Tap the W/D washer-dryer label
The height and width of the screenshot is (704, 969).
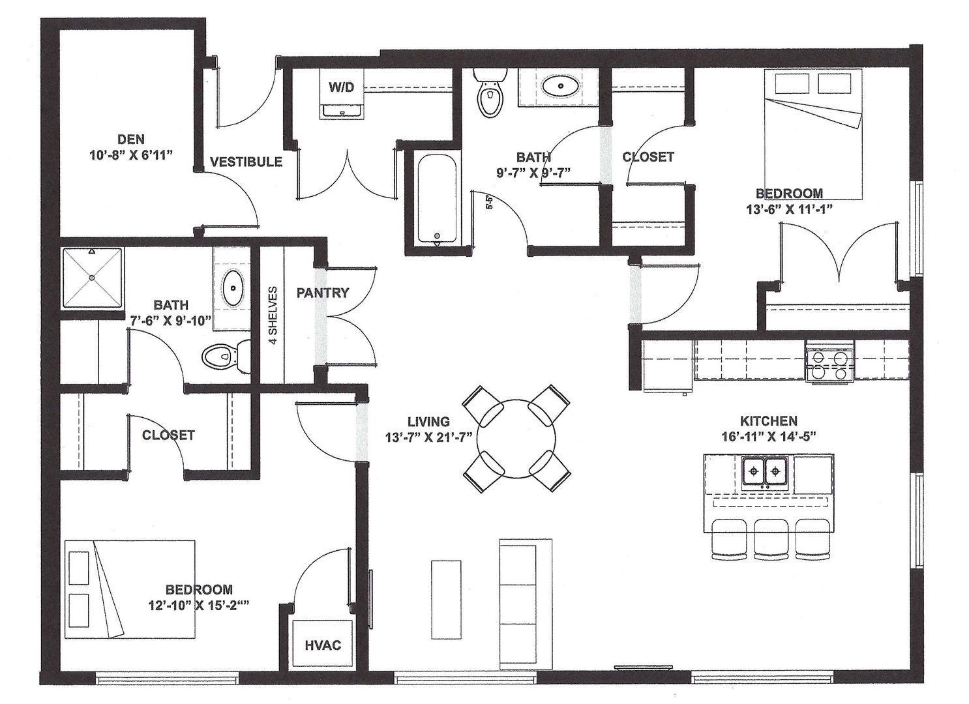(x=341, y=87)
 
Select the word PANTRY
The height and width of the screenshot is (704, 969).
(x=323, y=293)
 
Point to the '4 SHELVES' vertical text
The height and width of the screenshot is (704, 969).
(x=273, y=315)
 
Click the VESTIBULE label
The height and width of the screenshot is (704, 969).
(x=246, y=162)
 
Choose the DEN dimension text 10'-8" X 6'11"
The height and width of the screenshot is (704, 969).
(x=131, y=155)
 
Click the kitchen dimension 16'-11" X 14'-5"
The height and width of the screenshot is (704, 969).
(x=769, y=436)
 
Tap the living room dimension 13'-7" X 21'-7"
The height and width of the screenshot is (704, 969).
(x=428, y=437)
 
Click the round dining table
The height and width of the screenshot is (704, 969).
(x=516, y=439)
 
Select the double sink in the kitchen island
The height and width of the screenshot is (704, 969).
(x=766, y=471)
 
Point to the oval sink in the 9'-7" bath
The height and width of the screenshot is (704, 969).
(x=561, y=85)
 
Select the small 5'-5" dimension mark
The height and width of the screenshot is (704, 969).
(x=489, y=202)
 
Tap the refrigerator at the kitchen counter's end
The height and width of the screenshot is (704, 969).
(x=668, y=366)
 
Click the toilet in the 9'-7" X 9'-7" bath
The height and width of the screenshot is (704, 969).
(x=490, y=93)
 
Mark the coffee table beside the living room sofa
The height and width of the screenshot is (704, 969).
(x=446, y=599)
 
